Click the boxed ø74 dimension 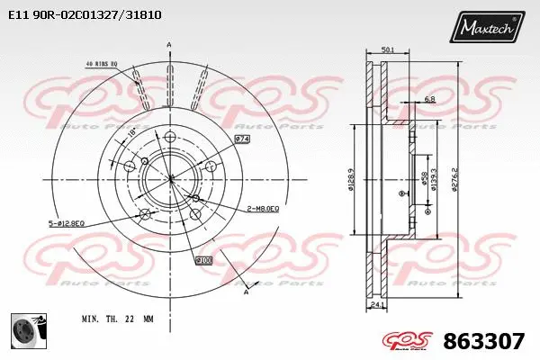pyautogui.click(x=242, y=139)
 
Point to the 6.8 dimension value pyautogui.click(x=429, y=99)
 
